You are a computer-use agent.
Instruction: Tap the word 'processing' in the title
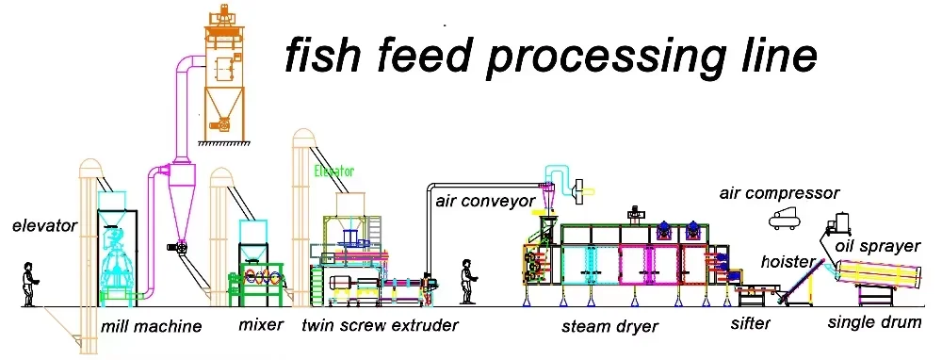click(x=613, y=58)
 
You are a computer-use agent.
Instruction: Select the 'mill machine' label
click(x=151, y=327)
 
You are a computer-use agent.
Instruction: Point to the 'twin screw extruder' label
click(x=380, y=326)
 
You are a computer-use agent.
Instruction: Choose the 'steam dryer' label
click(x=609, y=327)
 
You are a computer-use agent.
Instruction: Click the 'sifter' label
click(x=751, y=324)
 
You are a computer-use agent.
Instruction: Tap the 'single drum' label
click(x=874, y=322)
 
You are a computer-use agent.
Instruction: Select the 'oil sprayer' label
click(x=877, y=247)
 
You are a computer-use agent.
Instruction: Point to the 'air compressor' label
click(x=779, y=193)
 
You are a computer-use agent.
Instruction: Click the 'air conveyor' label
click(x=482, y=201)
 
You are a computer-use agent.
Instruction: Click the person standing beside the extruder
click(x=464, y=281)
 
